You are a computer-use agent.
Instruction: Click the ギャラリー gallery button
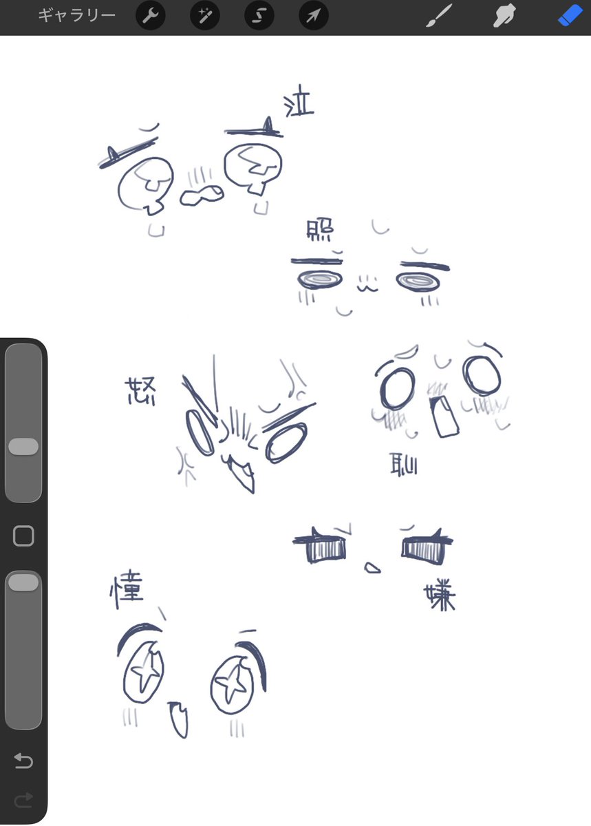76,16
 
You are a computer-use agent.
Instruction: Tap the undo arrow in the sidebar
23,761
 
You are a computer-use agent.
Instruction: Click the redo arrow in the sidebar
23,799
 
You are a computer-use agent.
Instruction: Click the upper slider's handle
23,446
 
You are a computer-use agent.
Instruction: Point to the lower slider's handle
23,582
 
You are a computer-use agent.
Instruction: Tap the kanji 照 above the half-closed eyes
318,234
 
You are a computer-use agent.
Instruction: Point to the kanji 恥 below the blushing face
403,463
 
